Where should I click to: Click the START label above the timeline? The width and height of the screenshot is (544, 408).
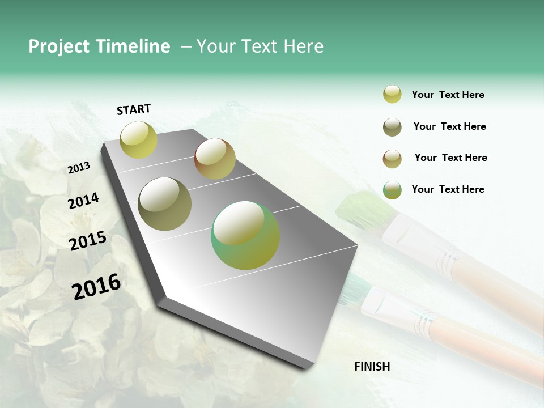pos(134,109)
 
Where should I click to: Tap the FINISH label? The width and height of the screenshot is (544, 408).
pos(372,367)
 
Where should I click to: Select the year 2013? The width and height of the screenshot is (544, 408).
pos(79,168)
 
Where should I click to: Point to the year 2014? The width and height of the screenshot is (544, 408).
pos(83,201)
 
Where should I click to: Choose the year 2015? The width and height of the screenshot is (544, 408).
pos(88,241)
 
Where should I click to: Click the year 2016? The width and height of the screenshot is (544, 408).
pos(96,286)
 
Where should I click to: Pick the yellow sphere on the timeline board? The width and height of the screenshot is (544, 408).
pos(138,140)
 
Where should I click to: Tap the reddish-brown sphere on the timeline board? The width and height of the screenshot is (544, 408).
pos(215,159)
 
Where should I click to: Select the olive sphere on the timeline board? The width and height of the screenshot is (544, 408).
pos(164,204)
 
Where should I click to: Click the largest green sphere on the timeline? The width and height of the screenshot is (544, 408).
pos(245,235)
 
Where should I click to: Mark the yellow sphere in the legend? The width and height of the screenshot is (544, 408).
pos(392,95)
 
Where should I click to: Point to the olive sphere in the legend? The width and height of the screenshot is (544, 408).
pos(392,127)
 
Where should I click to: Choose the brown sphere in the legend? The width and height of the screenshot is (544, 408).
pos(392,159)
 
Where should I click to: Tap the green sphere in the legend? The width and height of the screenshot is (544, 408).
pos(392,190)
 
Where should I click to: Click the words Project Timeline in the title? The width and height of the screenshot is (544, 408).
pos(99,46)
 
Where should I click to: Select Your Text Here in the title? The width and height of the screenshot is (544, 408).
pos(260,46)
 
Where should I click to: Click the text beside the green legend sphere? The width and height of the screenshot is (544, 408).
pos(448,189)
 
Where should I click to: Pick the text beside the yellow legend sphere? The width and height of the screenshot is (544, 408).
pos(448,95)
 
